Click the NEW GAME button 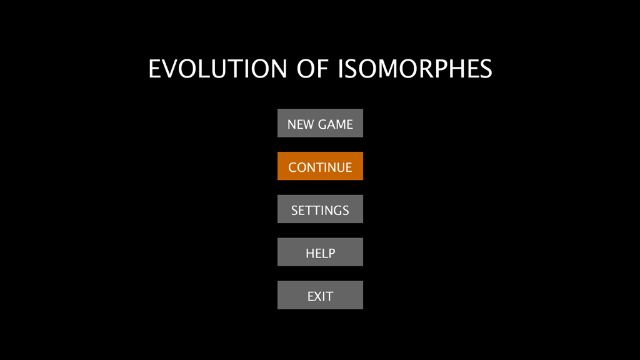coord(320,123)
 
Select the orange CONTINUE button coord(320,166)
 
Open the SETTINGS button coord(320,209)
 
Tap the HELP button coord(320,252)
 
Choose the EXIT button coord(320,295)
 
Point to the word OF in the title coord(312,69)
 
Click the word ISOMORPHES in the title coord(415,69)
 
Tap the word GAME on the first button coord(336,124)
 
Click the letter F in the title coord(322,69)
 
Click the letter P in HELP coord(331,254)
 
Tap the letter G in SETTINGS coord(335,211)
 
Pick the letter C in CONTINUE coord(292,167)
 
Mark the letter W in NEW coord(307,124)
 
